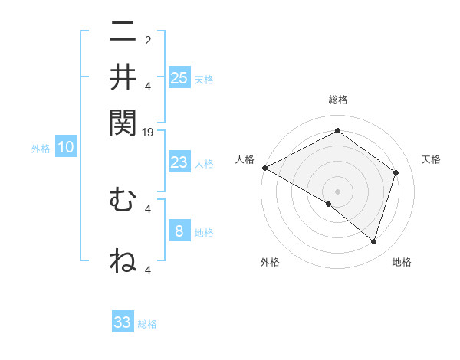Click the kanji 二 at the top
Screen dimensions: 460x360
(x=123, y=33)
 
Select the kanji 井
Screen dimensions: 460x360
(x=123, y=77)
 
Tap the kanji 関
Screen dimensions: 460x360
(x=123, y=122)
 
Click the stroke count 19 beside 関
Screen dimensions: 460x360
(x=149, y=133)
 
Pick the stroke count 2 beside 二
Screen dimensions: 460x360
(x=148, y=41)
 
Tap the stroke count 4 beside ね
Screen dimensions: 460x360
(x=148, y=270)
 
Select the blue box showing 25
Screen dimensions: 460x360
(x=179, y=77)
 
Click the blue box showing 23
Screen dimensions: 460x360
(x=179, y=162)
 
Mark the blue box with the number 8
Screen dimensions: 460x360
(x=179, y=231)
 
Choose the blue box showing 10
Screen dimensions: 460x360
(x=65, y=148)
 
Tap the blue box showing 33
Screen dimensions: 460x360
(x=123, y=322)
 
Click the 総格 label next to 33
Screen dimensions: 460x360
(x=147, y=324)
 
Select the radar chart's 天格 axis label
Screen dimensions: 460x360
(x=431, y=159)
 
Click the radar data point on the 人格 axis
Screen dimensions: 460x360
(x=264, y=168)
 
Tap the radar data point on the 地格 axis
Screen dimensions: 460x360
(x=374, y=242)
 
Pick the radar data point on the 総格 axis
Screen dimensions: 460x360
(x=337, y=132)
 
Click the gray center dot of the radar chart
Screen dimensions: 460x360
(x=337, y=191)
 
